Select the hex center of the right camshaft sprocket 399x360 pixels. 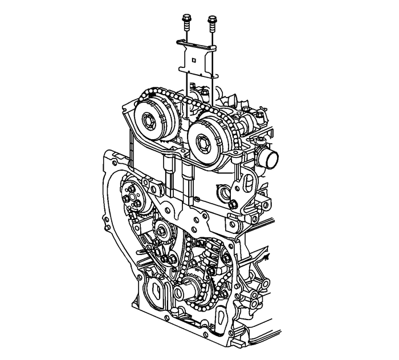click(203, 139)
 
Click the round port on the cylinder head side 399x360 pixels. click(222, 192)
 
